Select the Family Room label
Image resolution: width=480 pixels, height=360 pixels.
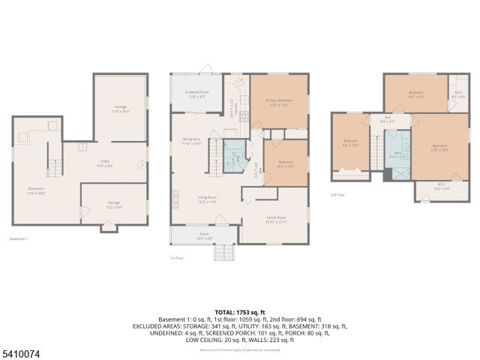276,220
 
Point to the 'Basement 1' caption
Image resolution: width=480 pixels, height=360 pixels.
18,238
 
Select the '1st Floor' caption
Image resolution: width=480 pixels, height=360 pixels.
177,258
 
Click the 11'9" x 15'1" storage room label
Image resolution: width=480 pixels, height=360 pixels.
121,109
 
